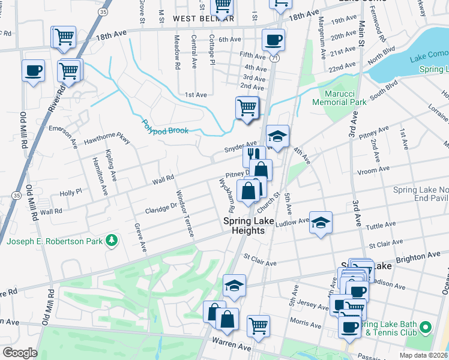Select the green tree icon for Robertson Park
[x=111, y=241]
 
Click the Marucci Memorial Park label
[x=339, y=98]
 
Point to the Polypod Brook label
[x=165, y=127]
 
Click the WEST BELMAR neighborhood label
[x=203, y=19]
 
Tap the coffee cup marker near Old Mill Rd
[x=33, y=71]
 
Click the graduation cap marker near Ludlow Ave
[x=321, y=223]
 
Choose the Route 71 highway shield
[x=274, y=58]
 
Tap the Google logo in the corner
[x=20, y=353]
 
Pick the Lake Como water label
[x=427, y=58]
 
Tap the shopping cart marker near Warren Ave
[x=258, y=326]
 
